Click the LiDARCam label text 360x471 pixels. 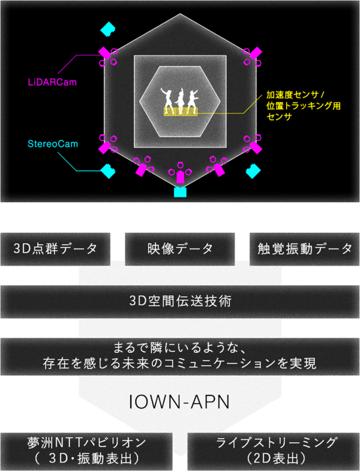click(52, 82)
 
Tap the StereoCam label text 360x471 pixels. click(53, 144)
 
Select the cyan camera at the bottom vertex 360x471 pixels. click(181, 192)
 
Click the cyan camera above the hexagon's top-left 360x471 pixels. click(107, 29)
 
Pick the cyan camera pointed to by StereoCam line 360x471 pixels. click(108, 171)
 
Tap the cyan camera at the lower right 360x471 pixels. click(253, 171)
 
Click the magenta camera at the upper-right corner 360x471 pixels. click(256, 53)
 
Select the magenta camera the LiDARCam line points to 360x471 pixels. click(105, 53)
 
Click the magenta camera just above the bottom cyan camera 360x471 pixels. click(180, 177)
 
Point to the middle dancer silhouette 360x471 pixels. click(181, 101)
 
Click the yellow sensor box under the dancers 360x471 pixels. click(181, 112)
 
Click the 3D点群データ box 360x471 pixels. click(55, 249)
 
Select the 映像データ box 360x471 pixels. click(179, 249)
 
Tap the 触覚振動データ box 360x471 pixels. click(304, 249)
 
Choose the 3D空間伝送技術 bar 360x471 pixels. click(180, 302)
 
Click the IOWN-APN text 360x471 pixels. click(179, 402)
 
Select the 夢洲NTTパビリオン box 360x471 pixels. click(86, 451)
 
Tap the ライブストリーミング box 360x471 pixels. click(274, 451)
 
